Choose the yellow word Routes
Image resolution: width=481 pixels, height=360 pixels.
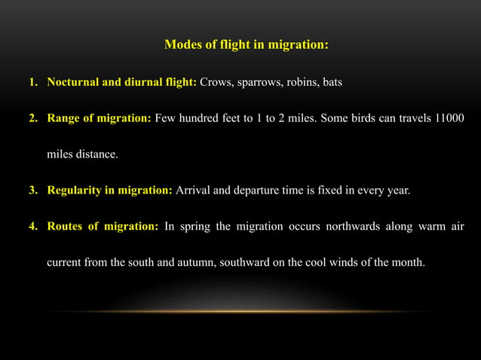point(66,226)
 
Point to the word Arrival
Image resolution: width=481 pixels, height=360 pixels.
point(193,190)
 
